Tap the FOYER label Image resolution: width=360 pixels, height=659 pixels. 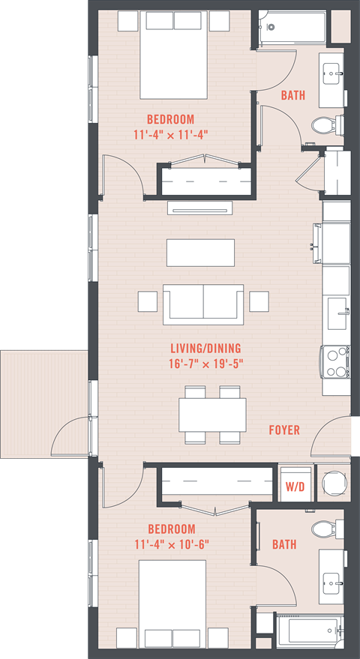click(284, 430)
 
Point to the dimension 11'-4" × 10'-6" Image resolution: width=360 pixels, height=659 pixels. click(171, 544)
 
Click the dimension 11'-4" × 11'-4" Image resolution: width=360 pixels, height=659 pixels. click(170, 134)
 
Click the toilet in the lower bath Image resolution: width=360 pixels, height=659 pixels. click(325, 529)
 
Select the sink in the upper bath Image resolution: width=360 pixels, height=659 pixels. click(331, 72)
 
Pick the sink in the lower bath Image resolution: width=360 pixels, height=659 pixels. click(331, 580)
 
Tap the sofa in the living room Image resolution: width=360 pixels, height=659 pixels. click(202, 303)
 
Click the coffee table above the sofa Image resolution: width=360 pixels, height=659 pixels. click(200, 253)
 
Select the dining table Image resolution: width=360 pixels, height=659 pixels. click(212, 415)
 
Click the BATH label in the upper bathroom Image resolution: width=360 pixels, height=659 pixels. click(292, 96)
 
